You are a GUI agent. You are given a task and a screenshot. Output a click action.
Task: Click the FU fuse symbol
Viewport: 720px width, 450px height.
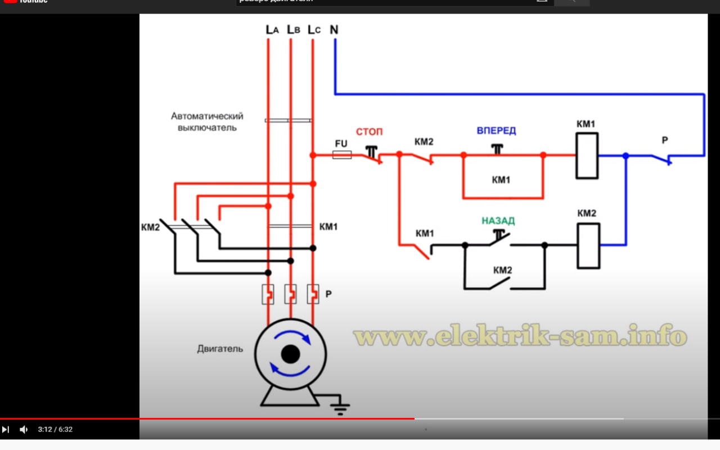(x=342, y=155)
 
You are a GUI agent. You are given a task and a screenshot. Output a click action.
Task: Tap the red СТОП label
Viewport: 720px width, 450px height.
(x=369, y=132)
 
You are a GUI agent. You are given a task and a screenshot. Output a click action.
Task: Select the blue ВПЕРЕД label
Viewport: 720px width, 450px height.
(x=496, y=131)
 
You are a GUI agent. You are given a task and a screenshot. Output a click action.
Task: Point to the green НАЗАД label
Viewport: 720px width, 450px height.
(x=498, y=221)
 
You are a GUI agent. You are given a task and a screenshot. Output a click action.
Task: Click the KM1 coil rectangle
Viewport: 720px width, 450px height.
(x=587, y=156)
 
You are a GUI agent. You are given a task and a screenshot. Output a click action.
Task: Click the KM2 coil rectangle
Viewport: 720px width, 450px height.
(x=588, y=245)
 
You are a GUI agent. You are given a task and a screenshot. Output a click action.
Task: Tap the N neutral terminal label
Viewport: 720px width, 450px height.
(x=334, y=30)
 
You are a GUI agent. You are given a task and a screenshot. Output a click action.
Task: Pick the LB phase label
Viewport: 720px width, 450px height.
(x=293, y=30)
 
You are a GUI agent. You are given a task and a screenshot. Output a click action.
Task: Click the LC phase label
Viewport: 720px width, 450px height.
(x=314, y=30)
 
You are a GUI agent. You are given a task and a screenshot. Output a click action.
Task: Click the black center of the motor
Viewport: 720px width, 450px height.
(x=290, y=354)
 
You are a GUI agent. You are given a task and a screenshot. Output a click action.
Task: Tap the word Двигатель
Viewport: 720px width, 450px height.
(x=220, y=349)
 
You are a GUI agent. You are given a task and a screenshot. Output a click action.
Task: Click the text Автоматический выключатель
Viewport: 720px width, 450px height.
(x=207, y=122)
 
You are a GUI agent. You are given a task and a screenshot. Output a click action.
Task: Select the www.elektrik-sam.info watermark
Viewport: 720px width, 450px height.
(x=520, y=336)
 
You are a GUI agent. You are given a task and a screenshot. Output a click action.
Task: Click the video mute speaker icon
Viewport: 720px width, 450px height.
(x=24, y=430)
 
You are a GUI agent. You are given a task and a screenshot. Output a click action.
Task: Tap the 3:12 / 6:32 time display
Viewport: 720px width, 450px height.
(x=55, y=430)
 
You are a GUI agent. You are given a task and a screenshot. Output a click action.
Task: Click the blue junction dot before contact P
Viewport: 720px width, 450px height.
(x=625, y=156)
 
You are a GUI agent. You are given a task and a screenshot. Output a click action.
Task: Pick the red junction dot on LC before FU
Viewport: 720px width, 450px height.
(x=313, y=155)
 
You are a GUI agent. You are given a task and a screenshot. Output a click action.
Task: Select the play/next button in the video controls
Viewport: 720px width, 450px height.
(x=6, y=430)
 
